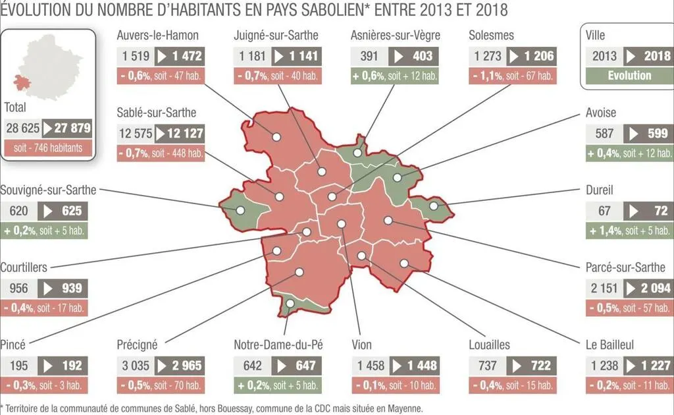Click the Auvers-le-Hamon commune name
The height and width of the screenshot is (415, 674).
coord(157,36)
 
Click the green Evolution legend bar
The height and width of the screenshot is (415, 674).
coord(629,75)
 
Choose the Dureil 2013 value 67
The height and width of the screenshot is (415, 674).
coord(604,211)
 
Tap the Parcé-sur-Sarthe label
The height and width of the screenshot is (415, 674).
coord(625,267)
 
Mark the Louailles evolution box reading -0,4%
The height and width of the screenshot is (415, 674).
coord(512,385)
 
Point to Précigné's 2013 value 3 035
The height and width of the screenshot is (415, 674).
coord(134,366)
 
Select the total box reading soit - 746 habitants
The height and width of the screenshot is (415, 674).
coord(48,148)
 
